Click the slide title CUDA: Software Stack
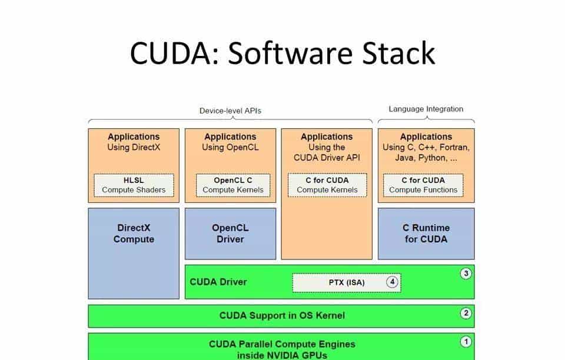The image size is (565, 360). [282, 53]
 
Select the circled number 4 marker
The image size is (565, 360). [393, 282]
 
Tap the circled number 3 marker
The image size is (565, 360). [466, 274]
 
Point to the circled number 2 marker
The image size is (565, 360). [466, 313]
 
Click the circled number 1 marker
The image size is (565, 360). [466, 341]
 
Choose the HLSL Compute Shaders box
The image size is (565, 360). [134, 185]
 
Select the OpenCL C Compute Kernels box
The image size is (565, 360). [233, 185]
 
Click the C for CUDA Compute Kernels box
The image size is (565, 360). [327, 185]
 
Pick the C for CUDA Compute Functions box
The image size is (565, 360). [423, 185]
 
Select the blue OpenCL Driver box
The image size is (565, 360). [230, 234]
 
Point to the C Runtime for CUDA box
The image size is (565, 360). [426, 234]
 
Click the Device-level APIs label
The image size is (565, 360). [230, 111]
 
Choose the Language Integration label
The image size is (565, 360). [426, 109]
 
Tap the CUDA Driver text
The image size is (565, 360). [218, 282]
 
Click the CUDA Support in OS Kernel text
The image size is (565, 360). [282, 315]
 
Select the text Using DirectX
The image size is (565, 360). [134, 147]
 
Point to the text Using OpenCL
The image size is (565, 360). [230, 147]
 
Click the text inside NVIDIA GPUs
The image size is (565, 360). [282, 355]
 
